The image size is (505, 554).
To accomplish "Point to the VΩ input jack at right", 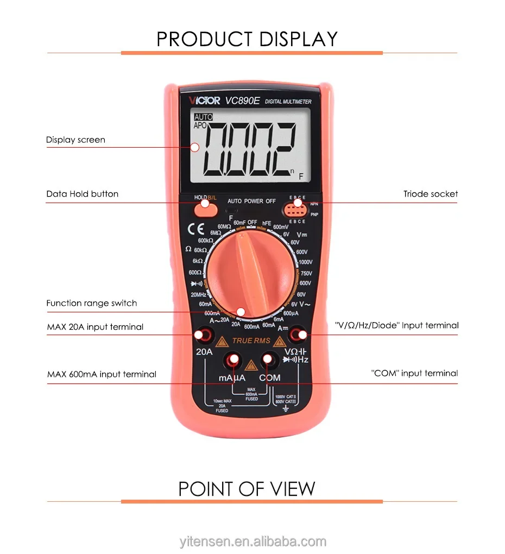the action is click(x=298, y=335).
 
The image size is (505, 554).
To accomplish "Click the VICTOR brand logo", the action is click(x=205, y=100).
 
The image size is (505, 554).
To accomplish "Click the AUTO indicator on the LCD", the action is click(x=203, y=117).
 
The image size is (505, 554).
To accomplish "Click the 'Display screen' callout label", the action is click(x=75, y=140).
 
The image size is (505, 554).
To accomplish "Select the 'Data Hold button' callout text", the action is click(x=82, y=194).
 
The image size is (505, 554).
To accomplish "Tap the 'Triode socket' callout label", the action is click(x=430, y=194).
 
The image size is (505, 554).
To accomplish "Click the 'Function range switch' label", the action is click(x=91, y=303).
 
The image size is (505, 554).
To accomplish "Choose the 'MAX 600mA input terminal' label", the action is click(x=102, y=374).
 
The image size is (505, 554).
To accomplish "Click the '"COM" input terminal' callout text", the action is click(x=414, y=373).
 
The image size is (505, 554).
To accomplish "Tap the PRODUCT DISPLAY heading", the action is click(x=247, y=39).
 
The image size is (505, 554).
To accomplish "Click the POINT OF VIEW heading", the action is click(x=247, y=489).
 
